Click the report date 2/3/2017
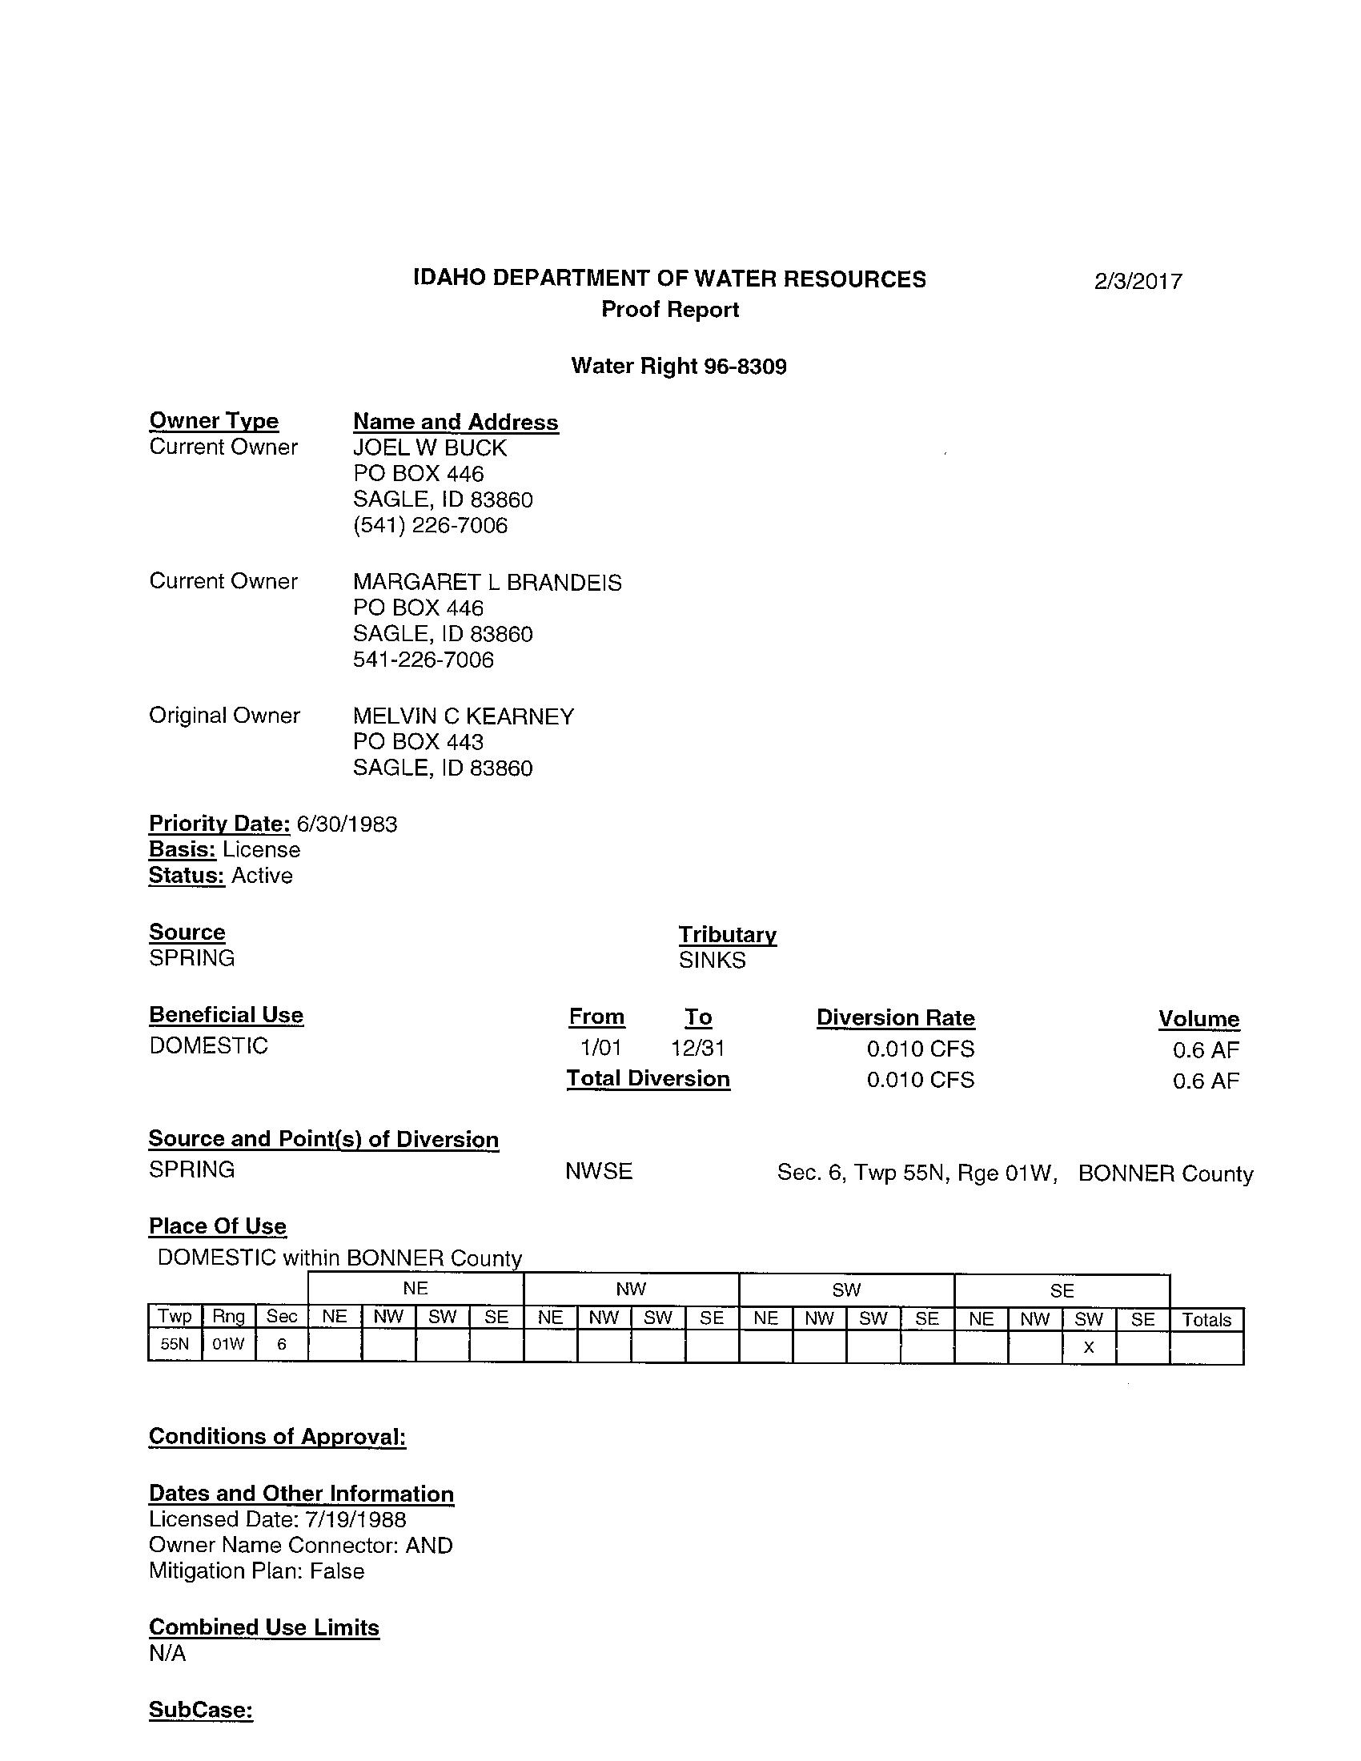click(1138, 282)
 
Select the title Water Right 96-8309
click(678, 366)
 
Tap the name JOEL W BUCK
click(430, 447)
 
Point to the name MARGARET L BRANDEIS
click(487, 582)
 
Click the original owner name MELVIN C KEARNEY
click(463, 716)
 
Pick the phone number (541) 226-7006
click(430, 526)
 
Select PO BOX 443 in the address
click(418, 742)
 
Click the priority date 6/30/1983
click(347, 824)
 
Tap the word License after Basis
click(261, 850)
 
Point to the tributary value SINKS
click(712, 961)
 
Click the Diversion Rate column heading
click(895, 1018)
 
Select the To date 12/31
click(697, 1049)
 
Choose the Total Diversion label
click(648, 1079)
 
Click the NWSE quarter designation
click(598, 1172)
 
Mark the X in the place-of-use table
click(1089, 1347)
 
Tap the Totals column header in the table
click(1206, 1320)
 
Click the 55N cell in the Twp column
click(175, 1345)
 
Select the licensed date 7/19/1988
click(355, 1520)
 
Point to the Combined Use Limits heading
click(263, 1627)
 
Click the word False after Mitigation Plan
click(337, 1571)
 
